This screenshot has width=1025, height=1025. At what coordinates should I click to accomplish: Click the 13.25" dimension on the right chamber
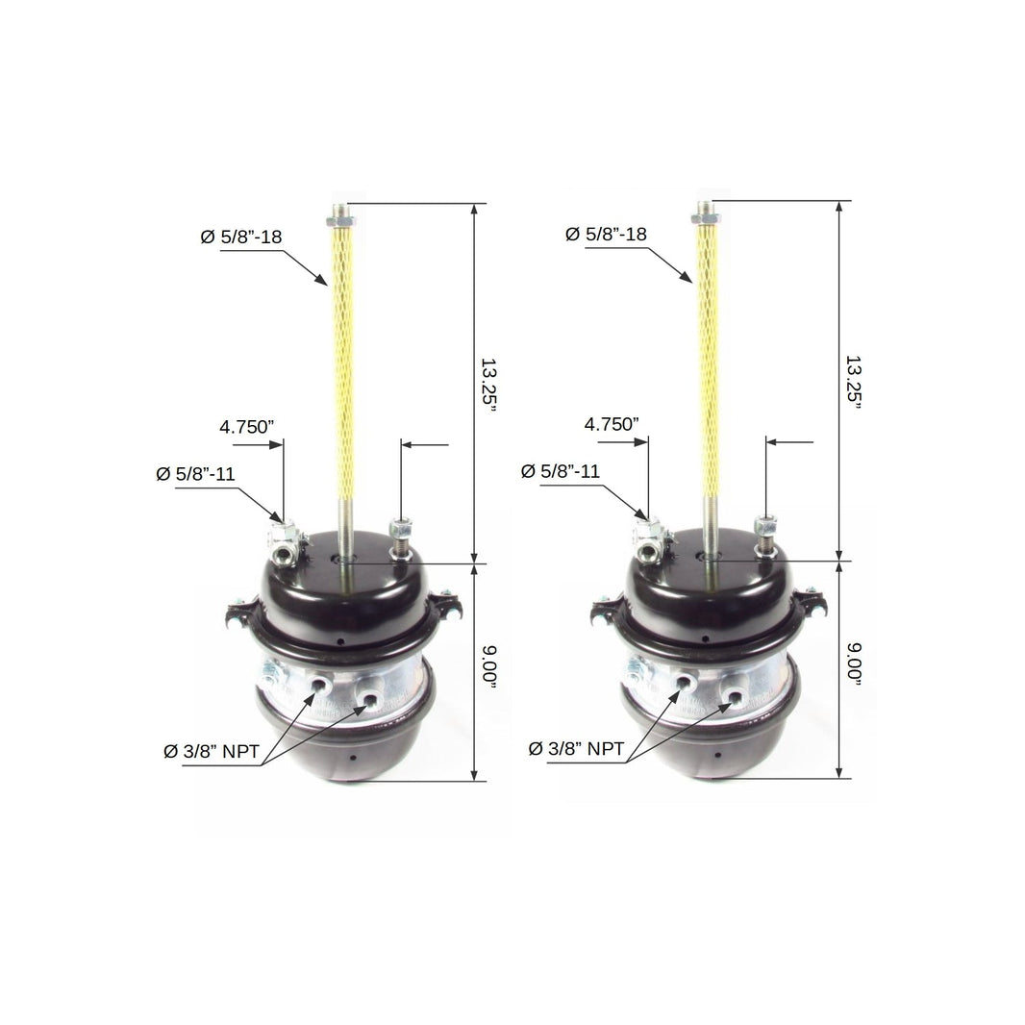852,382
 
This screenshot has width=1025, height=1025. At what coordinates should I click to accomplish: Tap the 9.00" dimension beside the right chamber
852,662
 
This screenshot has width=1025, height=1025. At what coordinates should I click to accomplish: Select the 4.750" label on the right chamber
611,423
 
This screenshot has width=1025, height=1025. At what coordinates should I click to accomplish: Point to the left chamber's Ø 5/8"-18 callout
241,237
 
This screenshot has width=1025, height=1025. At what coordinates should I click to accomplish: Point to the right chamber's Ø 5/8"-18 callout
606,234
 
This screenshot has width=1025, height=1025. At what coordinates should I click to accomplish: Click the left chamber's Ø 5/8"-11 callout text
195,474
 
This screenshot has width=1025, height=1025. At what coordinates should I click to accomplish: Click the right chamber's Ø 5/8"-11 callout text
561,471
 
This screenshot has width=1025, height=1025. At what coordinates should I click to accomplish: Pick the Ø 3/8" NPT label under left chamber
211,752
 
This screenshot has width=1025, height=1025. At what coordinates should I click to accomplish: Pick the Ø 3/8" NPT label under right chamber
576,749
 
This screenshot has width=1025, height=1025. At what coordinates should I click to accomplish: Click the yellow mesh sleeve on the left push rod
342,365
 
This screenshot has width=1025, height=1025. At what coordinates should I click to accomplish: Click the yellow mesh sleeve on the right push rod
708,363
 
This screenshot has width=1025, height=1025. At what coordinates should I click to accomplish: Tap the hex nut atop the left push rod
341,221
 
